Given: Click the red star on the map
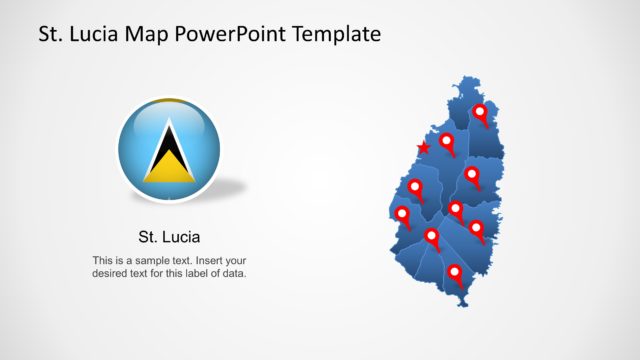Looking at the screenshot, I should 423,148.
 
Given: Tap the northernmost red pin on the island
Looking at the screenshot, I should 480,112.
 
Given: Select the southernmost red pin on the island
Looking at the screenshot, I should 455,272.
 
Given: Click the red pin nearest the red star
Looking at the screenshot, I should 447,141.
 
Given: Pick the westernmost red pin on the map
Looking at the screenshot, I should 403,214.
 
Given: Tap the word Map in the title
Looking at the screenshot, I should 144,35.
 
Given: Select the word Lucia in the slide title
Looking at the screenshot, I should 92,35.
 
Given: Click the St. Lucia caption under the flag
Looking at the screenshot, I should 169,238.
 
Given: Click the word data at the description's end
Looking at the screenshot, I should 233,273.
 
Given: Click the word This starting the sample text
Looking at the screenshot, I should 102,260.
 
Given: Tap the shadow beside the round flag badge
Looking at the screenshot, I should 228,187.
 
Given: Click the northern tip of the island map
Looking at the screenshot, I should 470,78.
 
